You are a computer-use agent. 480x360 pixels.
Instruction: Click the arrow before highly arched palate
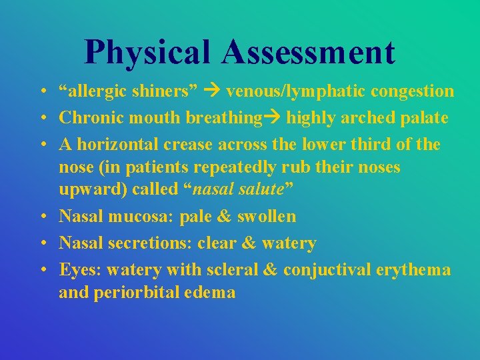point(273,118)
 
